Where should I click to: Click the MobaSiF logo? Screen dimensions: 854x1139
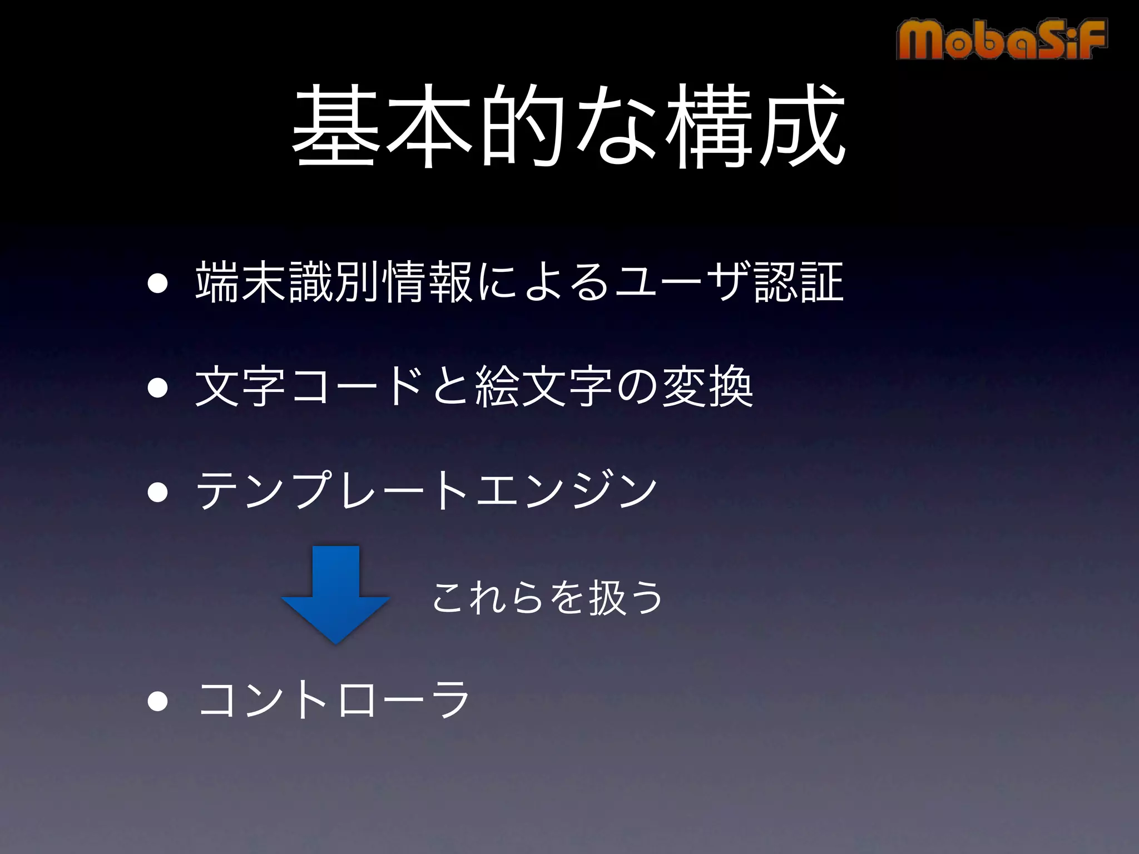(x=1001, y=39)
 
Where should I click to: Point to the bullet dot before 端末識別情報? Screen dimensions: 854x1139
(x=158, y=283)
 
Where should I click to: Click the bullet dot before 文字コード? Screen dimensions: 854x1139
(x=158, y=388)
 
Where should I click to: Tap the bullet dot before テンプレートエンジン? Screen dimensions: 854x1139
(x=158, y=491)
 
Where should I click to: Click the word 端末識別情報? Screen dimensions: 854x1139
(x=334, y=282)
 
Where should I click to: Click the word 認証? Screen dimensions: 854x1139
(x=799, y=282)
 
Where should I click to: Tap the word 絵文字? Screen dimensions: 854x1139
(x=544, y=387)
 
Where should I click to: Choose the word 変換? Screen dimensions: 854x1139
(x=707, y=387)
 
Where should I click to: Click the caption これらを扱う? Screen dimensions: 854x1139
(x=547, y=598)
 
